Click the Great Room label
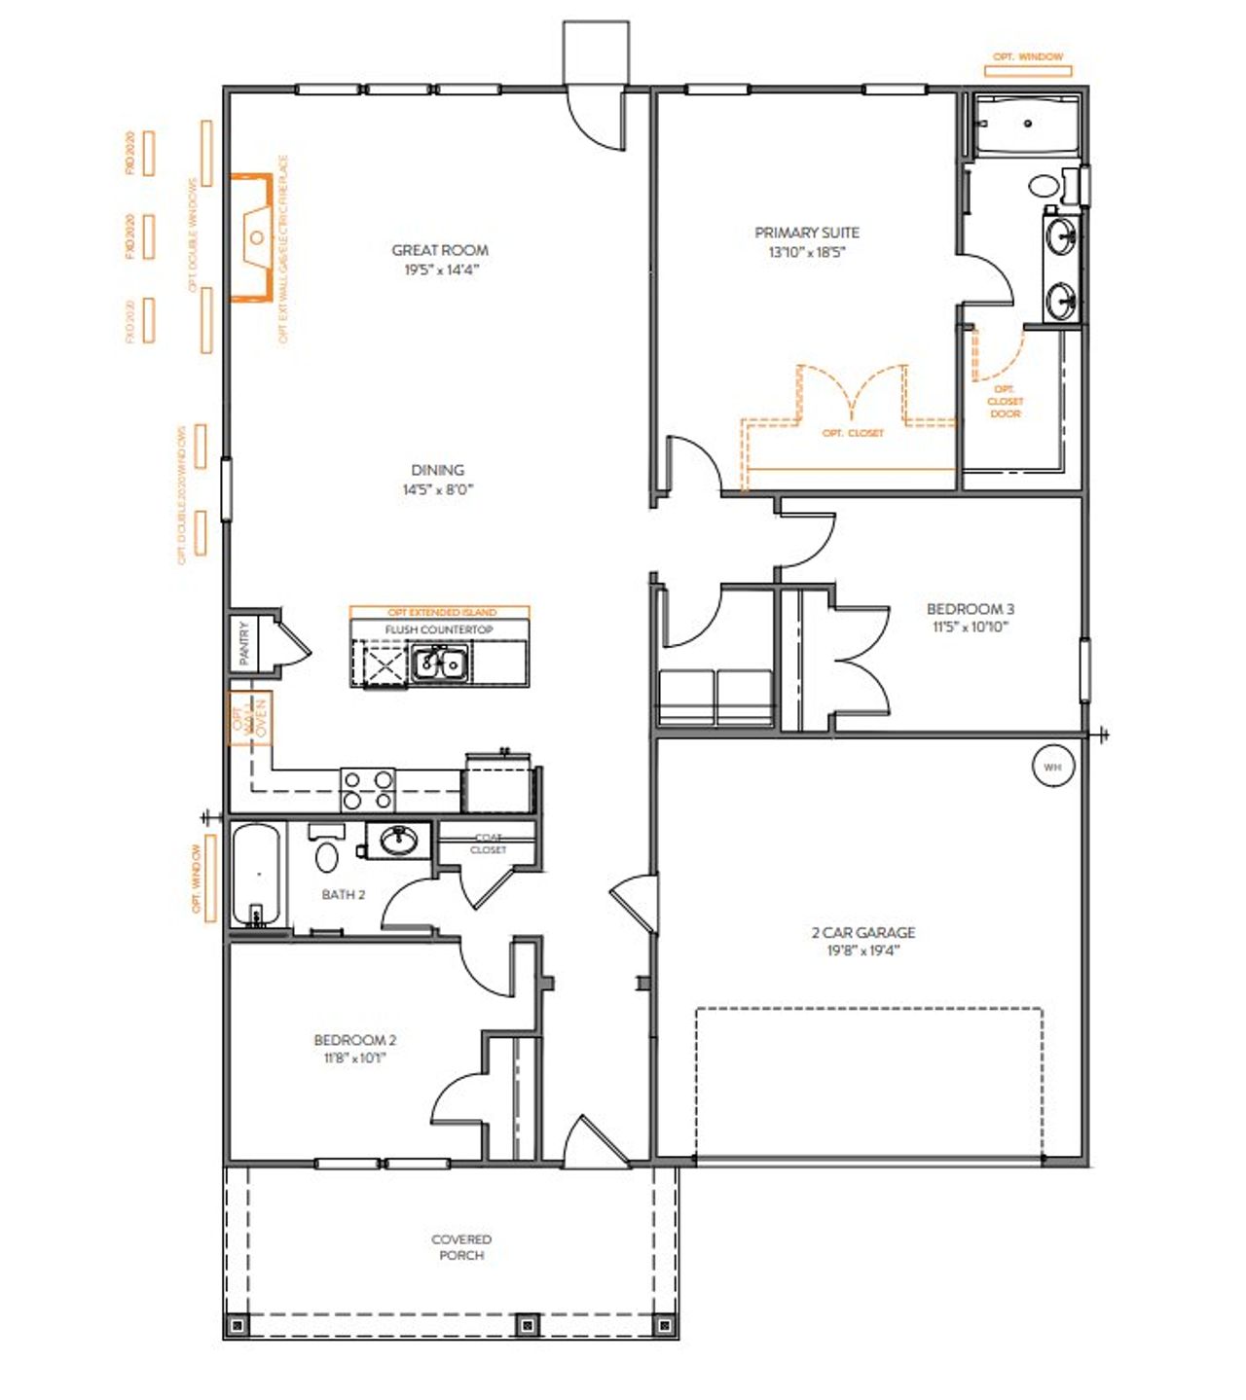click(x=440, y=250)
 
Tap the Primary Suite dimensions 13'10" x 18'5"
click(x=807, y=253)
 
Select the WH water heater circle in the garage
click(x=1052, y=767)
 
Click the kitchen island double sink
click(x=440, y=664)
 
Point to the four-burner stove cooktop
click(x=368, y=789)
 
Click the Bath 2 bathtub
click(x=256, y=874)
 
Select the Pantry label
click(x=243, y=643)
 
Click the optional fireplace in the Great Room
click(x=252, y=237)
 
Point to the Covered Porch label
click(x=461, y=1247)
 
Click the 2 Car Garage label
click(x=863, y=932)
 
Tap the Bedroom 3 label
click(x=970, y=609)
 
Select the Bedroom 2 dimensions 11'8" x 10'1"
click(x=354, y=1059)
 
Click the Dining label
click(x=437, y=470)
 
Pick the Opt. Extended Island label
click(x=441, y=613)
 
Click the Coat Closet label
click(x=488, y=844)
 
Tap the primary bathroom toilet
click(x=1046, y=186)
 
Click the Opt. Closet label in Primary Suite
click(x=853, y=433)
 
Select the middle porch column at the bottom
click(x=527, y=1324)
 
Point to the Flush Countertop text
click(x=439, y=629)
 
